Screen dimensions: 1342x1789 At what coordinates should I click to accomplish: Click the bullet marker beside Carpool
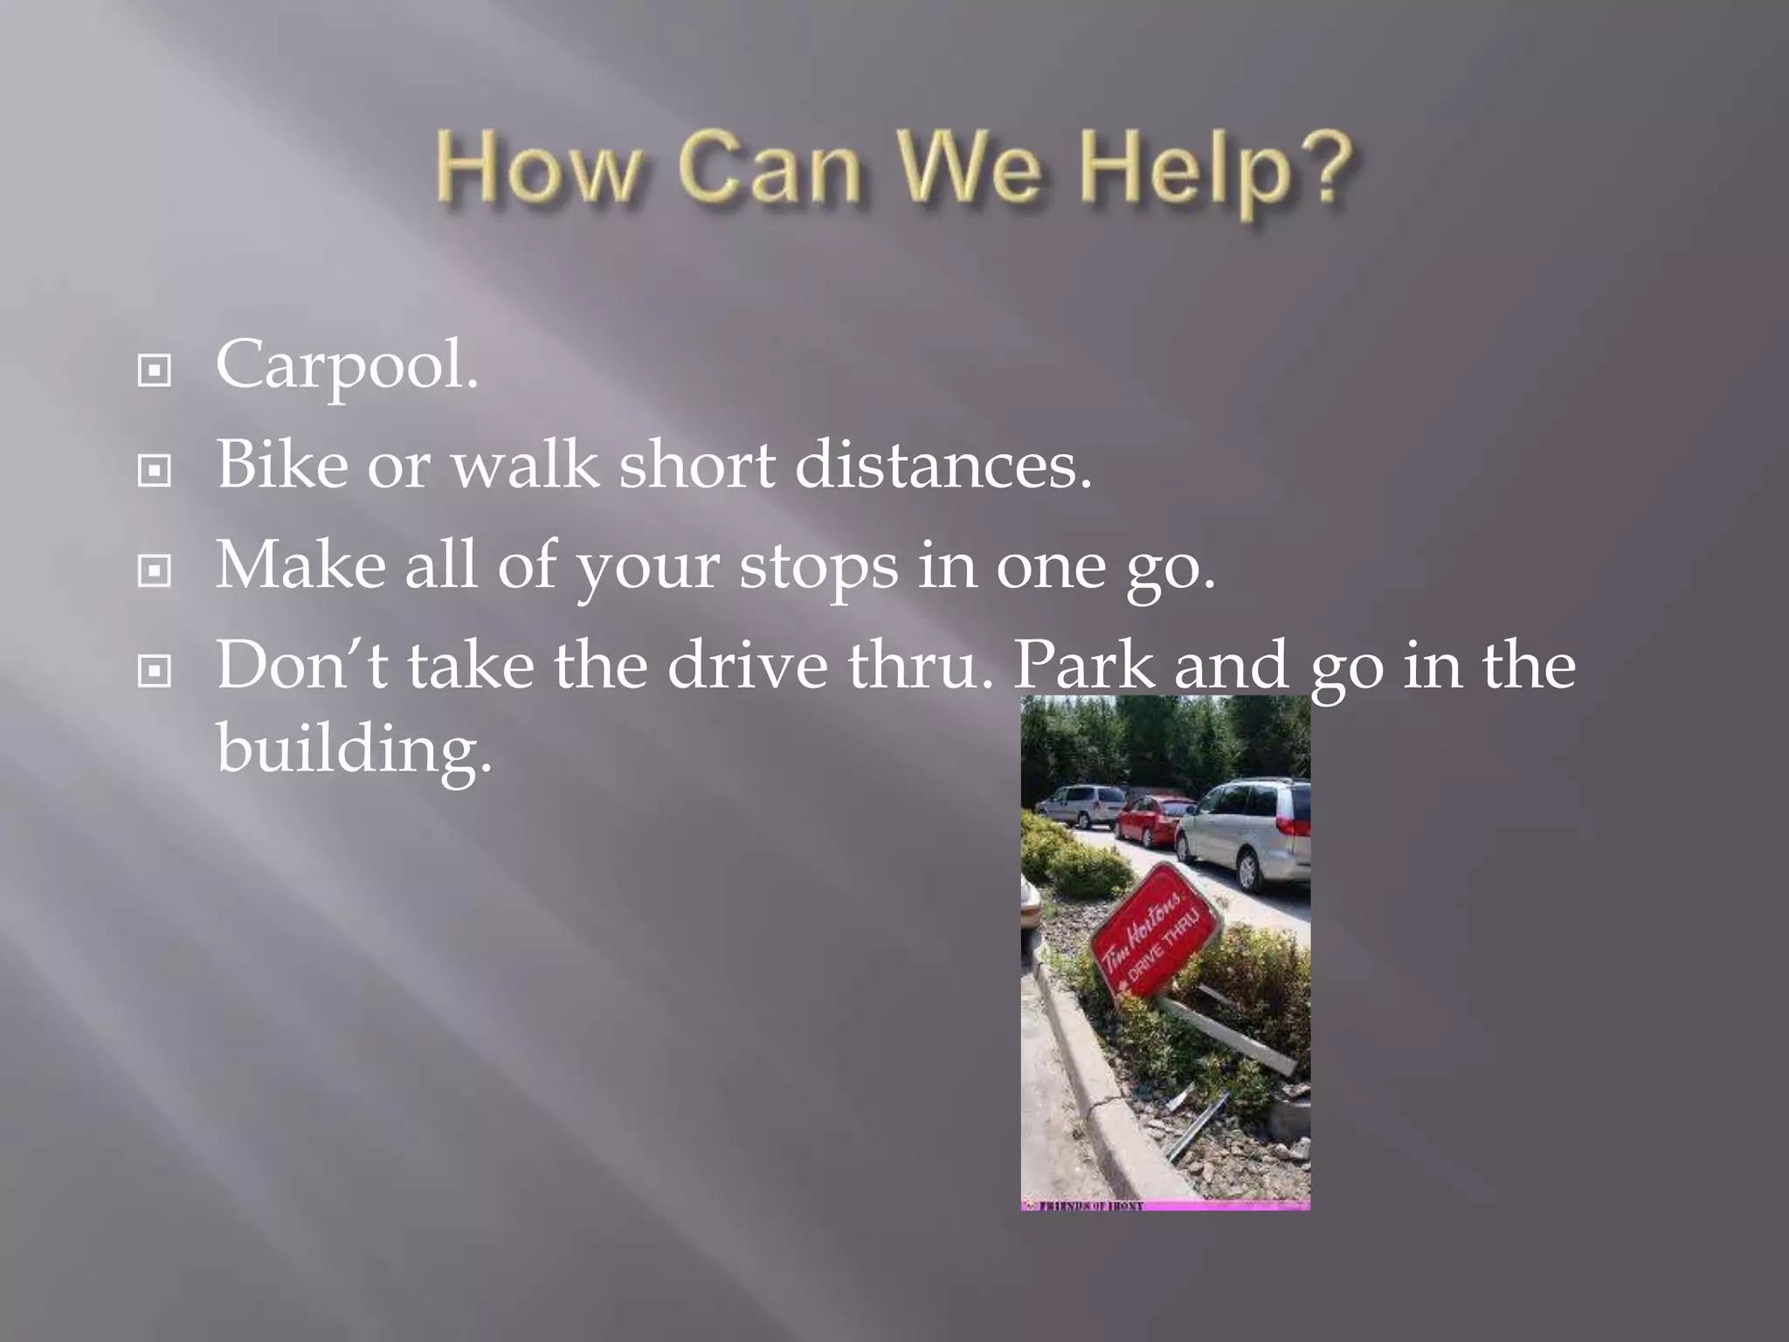tap(155, 371)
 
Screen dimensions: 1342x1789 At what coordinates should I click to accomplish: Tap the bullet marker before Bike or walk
tap(155, 472)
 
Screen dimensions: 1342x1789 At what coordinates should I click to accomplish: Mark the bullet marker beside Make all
tap(155, 572)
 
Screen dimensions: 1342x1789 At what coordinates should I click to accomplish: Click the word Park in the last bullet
tap(1083, 666)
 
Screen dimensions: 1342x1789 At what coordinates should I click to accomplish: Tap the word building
tap(354, 748)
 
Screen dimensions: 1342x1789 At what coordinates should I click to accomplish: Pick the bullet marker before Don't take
tap(155, 672)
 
